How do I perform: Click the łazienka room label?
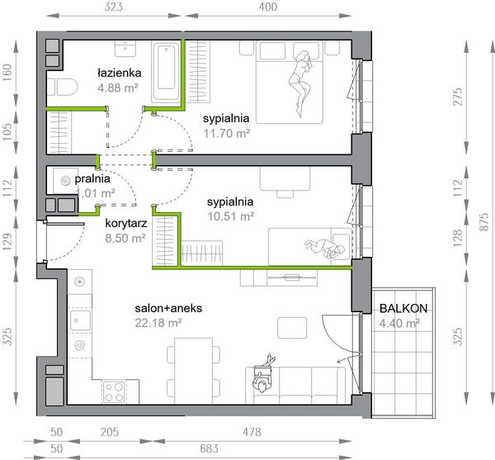[x=119, y=73]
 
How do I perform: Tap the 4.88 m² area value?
[x=118, y=88]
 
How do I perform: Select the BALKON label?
[x=403, y=308]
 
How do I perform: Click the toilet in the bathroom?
[x=64, y=87]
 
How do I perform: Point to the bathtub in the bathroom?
[x=167, y=71]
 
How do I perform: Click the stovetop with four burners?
[x=114, y=391]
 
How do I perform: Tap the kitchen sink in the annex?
[x=80, y=320]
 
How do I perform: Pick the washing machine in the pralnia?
[x=64, y=181]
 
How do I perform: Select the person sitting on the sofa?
[x=263, y=374]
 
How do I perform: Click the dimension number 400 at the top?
[x=268, y=7]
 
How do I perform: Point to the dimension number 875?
[x=484, y=222]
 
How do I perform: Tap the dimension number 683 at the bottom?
[x=209, y=448]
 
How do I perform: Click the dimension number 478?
[x=252, y=432]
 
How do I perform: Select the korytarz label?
[x=126, y=223]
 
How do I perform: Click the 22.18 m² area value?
[x=158, y=323]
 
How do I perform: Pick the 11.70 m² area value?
[x=227, y=133]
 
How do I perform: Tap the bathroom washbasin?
[x=125, y=49]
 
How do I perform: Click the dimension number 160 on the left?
[x=7, y=73]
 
